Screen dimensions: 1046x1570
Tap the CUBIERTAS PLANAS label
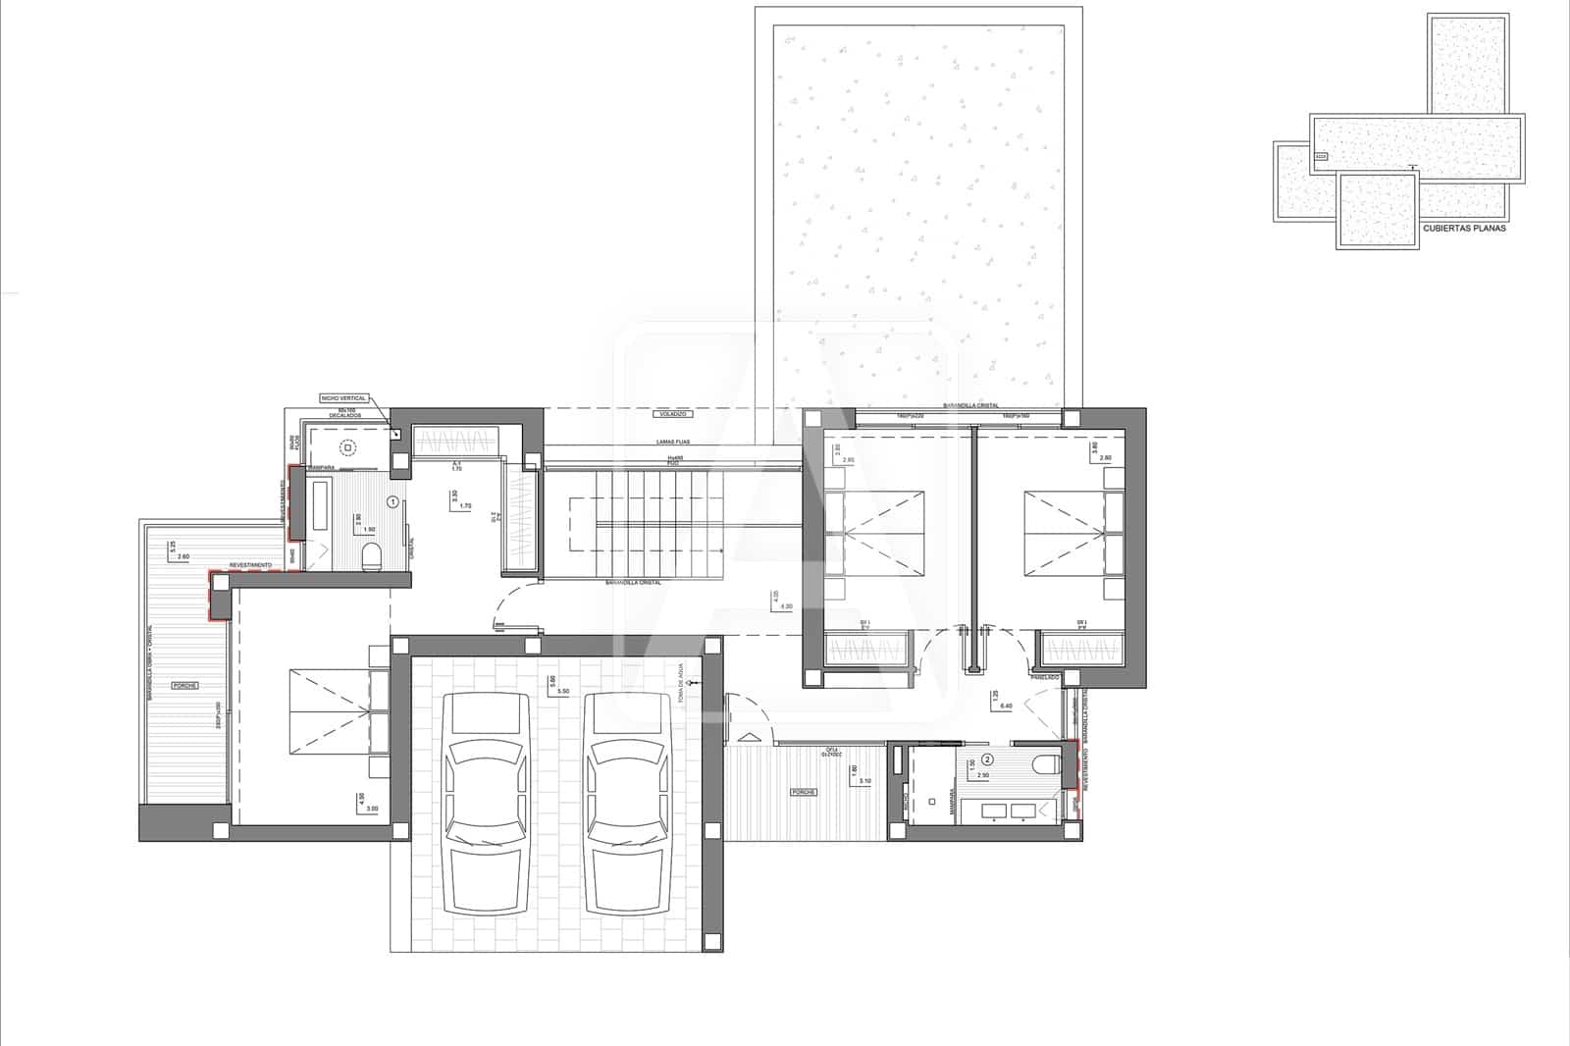pos(1464,228)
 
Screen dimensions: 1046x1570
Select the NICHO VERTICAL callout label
pos(343,398)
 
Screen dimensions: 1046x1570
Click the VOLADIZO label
pos(670,415)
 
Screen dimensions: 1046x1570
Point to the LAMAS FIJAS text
pos(671,443)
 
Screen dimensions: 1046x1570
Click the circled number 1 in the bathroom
pos(393,501)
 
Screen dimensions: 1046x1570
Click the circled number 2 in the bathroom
pos(988,758)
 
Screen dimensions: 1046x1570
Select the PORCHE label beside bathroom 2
pos(805,791)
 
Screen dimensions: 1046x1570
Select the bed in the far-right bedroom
pos(1073,533)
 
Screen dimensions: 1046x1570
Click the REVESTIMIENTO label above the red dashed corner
pos(250,566)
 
